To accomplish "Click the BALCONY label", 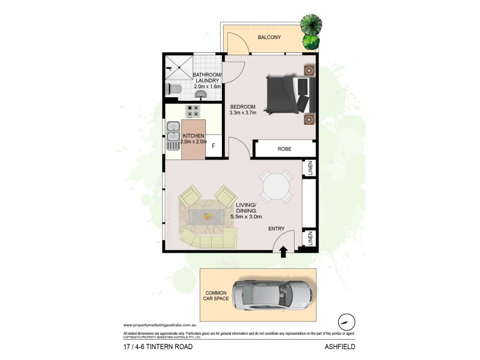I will coord(270,38).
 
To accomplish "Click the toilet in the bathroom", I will coord(173,89).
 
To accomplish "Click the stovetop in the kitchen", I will coord(193,111).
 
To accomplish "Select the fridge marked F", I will coord(214,146).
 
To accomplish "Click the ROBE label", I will coord(284,149).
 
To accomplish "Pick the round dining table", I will coord(275,187).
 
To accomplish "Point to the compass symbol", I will coord(346,320).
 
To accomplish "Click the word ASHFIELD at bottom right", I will coord(343,347).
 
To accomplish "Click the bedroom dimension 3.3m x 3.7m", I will coord(242,112).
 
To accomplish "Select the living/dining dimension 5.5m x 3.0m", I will coord(246,217).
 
